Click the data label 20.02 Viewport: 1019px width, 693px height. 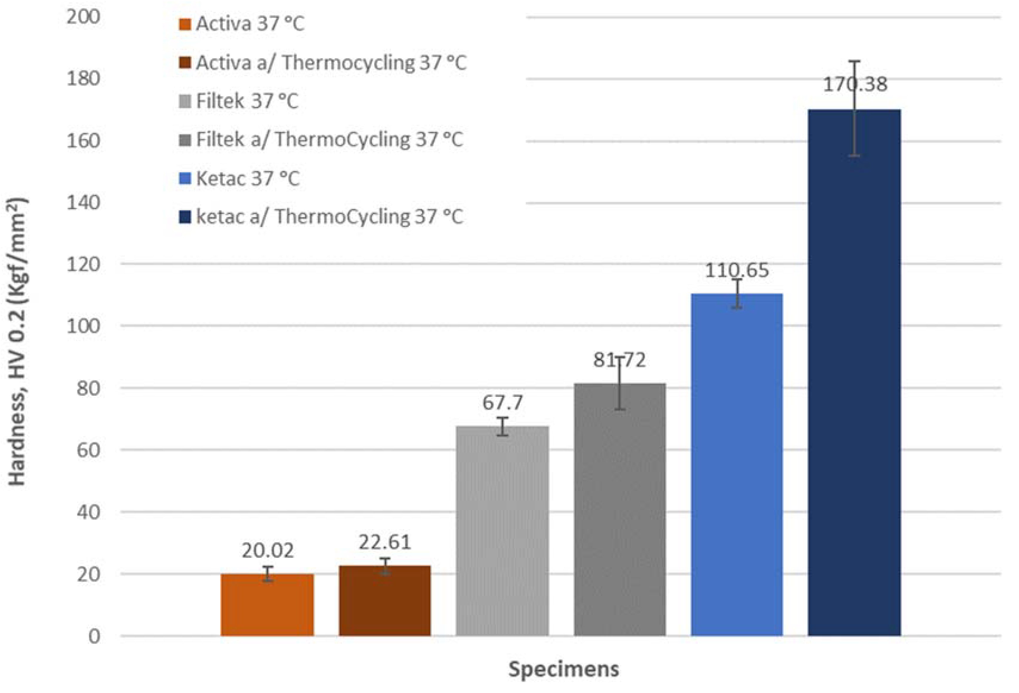[x=267, y=551]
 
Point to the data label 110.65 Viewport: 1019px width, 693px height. [x=737, y=270]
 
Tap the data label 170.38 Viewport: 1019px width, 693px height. [x=855, y=84]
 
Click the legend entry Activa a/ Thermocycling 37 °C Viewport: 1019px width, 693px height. [x=331, y=63]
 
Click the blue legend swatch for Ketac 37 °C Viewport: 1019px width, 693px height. [x=185, y=178]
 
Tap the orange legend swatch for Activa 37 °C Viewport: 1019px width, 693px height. [x=185, y=24]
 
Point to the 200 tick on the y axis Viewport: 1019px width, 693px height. [x=83, y=17]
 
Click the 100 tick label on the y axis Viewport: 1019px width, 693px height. [x=83, y=326]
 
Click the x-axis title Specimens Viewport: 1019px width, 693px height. [x=563, y=669]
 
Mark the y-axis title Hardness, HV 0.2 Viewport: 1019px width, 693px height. [x=18, y=342]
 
